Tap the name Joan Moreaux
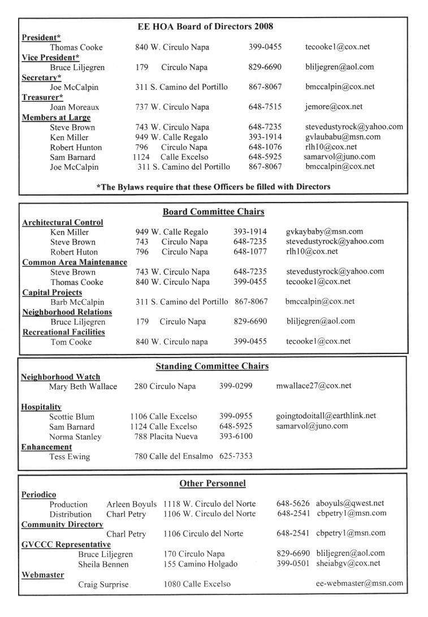74,107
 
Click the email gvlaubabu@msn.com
343,137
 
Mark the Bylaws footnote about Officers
213,186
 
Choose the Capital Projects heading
52,292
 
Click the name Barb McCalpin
77,302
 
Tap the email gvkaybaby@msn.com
324,232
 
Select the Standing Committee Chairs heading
212,366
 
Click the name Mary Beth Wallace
83,386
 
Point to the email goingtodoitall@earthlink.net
326,416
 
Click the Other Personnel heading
212,484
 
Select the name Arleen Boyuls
132,504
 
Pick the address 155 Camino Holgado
200,564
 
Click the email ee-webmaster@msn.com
359,584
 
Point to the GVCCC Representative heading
66,544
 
